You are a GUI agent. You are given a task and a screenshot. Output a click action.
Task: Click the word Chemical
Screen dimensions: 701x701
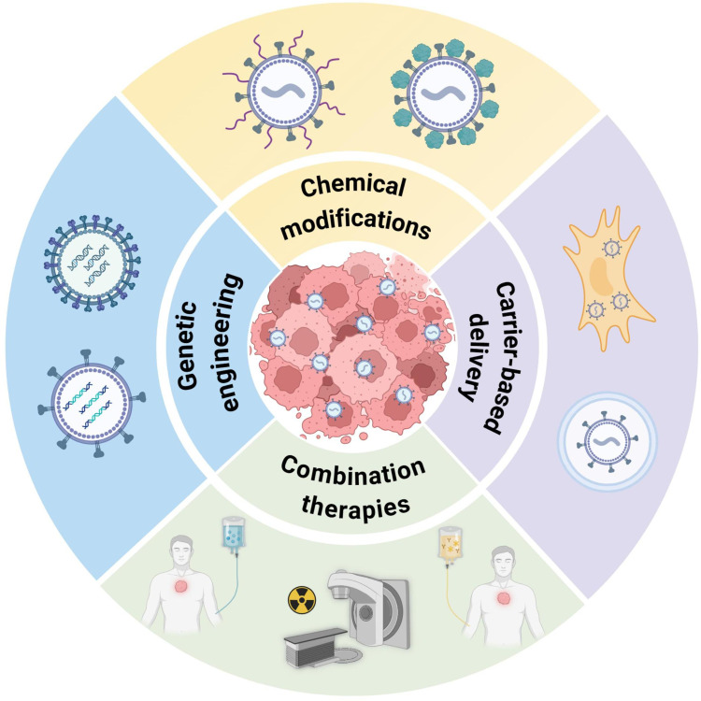(350, 187)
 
